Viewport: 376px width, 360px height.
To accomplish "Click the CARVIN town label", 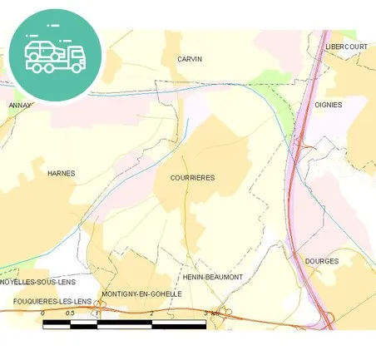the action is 190,59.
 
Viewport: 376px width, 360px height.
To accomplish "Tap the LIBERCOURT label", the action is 346,47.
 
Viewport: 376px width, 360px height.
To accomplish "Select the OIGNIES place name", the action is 329,104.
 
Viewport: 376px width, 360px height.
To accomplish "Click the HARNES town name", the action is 62,173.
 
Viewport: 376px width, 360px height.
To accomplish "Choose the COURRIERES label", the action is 192,178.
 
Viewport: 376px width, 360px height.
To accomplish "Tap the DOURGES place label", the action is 322,261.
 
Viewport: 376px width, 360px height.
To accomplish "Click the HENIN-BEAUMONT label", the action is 212,277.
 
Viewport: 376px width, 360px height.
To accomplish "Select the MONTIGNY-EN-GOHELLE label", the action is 141,293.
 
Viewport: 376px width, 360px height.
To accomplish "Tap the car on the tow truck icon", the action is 42,50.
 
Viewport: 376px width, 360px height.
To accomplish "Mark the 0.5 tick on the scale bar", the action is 70,313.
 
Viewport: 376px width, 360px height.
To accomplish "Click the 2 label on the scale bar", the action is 152,313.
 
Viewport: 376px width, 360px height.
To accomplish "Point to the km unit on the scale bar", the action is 215,313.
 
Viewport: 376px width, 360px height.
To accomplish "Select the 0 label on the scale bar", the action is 42,313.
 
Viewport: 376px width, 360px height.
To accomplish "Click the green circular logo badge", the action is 55,56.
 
